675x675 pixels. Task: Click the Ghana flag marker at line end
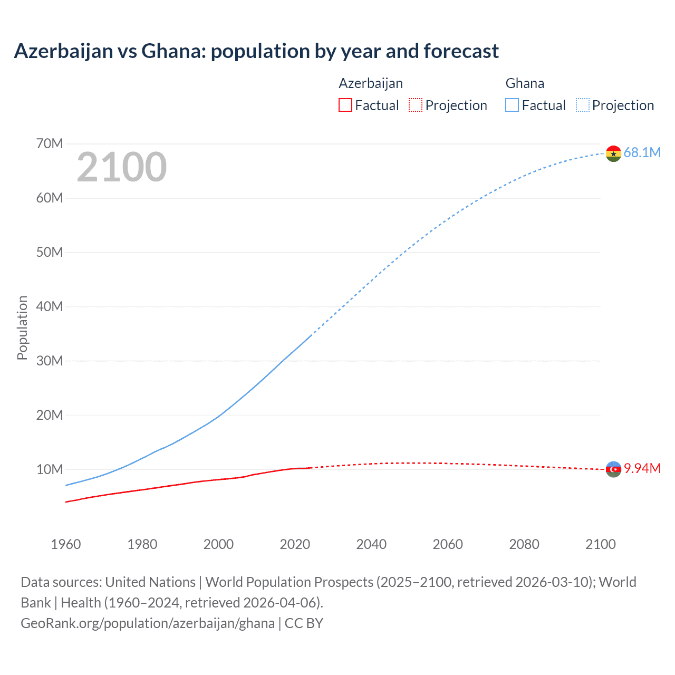pyautogui.click(x=613, y=153)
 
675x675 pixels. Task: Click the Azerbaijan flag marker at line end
pyautogui.click(x=613, y=469)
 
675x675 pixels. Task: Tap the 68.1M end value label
pyautogui.click(x=642, y=152)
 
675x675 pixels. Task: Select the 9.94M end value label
pyautogui.click(x=642, y=468)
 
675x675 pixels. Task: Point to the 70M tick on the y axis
pyautogui.click(x=50, y=143)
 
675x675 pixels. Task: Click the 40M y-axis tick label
pyautogui.click(x=50, y=306)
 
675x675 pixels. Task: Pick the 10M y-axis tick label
pyautogui.click(x=50, y=469)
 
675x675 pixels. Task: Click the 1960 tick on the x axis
pyautogui.click(x=66, y=544)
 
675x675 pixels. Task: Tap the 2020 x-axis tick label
pyautogui.click(x=295, y=544)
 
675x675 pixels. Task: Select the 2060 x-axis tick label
pyautogui.click(x=448, y=544)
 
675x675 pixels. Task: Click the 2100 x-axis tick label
pyautogui.click(x=600, y=544)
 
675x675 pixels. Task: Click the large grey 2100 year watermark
pyautogui.click(x=122, y=167)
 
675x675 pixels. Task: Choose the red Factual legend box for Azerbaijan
pyautogui.click(x=345, y=105)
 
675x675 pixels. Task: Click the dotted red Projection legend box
pyautogui.click(x=416, y=105)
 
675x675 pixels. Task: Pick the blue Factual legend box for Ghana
pyautogui.click(x=512, y=105)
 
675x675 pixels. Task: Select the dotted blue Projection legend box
pyautogui.click(x=582, y=105)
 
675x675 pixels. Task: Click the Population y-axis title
pyautogui.click(x=22, y=327)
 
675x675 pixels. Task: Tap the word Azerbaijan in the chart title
pyautogui.click(x=64, y=51)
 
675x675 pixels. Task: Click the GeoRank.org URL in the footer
pyautogui.click(x=148, y=623)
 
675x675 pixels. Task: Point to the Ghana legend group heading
pyautogui.click(x=525, y=83)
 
